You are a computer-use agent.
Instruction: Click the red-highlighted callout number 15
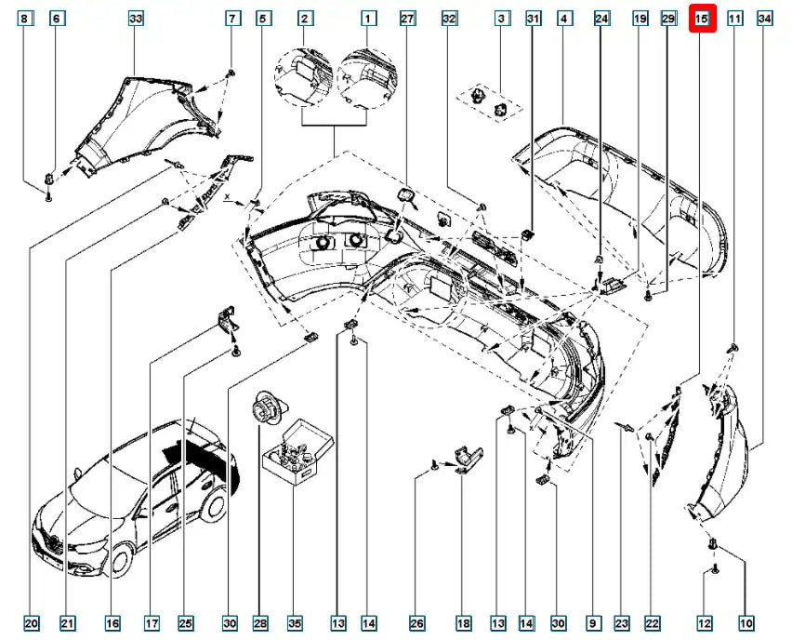click(x=702, y=18)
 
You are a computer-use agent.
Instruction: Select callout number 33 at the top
click(x=136, y=18)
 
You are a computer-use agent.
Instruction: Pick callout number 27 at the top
click(x=405, y=18)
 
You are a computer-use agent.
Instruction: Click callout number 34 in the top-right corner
click(x=765, y=18)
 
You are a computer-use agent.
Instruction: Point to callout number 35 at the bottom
click(x=295, y=622)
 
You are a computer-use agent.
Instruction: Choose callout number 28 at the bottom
click(x=259, y=622)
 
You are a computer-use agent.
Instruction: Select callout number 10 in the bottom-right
click(x=746, y=622)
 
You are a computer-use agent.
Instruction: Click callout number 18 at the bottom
click(x=463, y=622)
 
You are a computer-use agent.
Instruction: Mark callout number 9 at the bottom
click(x=591, y=622)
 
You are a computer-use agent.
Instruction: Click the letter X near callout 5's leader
click(x=227, y=198)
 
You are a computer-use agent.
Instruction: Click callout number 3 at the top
click(x=502, y=18)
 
